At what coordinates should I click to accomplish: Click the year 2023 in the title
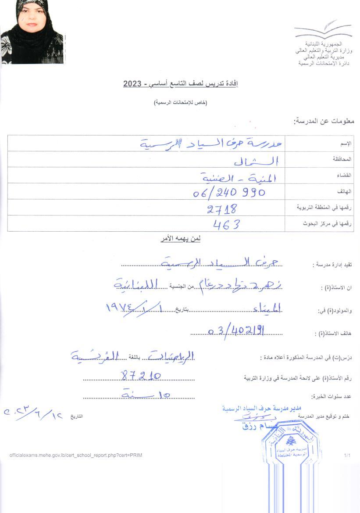[x=132, y=83]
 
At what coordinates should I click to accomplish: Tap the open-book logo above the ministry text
[x=323, y=30]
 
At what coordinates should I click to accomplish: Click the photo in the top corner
[x=32, y=32]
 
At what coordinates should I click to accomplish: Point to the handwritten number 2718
[x=222, y=208]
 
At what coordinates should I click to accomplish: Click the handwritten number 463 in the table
[x=226, y=225]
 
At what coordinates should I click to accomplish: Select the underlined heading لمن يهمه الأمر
[x=180, y=239]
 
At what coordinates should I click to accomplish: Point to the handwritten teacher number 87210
[x=141, y=375]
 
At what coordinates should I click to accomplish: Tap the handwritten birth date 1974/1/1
[x=136, y=309]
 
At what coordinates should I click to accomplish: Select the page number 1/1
[x=347, y=456]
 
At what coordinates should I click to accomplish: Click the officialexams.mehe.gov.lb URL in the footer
[x=75, y=455]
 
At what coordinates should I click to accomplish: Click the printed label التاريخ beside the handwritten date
[x=76, y=416]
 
